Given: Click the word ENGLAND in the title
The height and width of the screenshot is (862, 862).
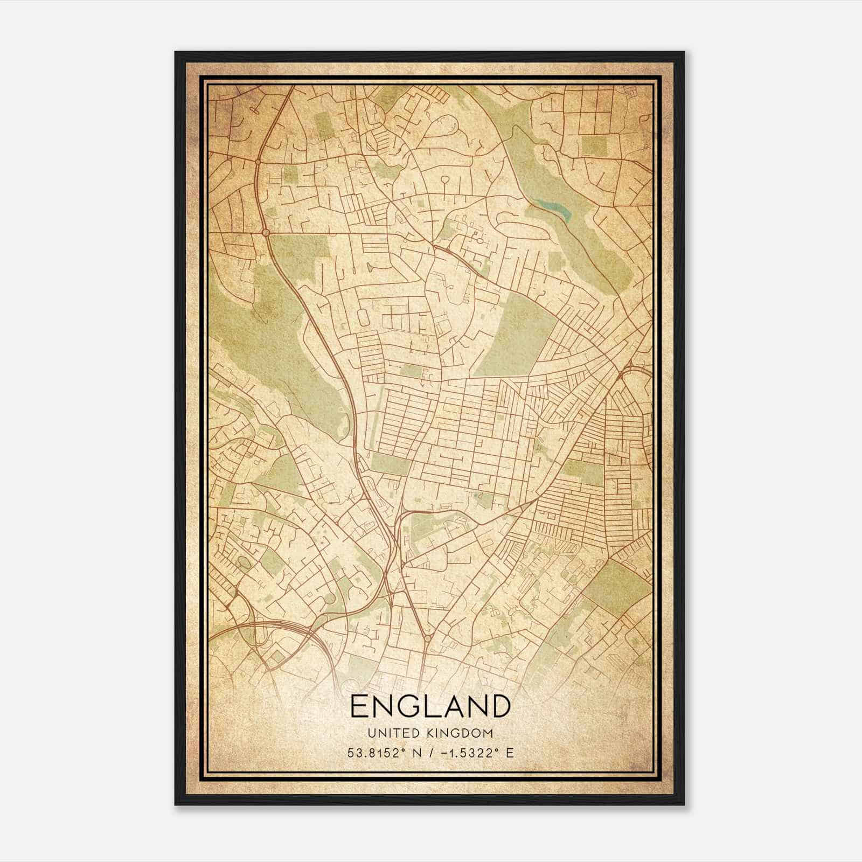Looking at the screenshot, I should pos(430,706).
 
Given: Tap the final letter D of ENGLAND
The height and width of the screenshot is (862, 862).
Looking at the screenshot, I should pos(500,706).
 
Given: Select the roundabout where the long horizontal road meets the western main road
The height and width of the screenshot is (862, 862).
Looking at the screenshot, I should pos(265,233).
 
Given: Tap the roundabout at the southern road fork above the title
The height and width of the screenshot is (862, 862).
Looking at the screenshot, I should pos(427,638).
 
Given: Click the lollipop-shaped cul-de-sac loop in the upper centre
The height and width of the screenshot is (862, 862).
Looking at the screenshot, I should pos(446,180).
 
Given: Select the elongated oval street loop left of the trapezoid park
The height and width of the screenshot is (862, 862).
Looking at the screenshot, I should pos(362,318).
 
